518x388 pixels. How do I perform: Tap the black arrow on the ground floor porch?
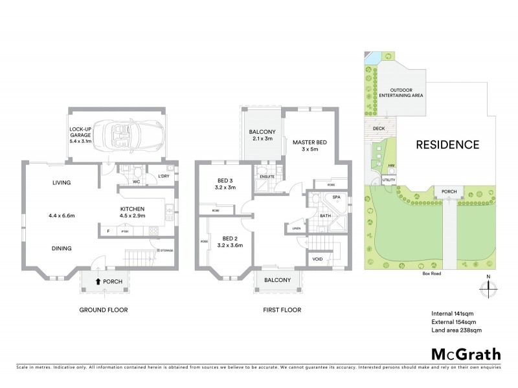[x=98, y=281]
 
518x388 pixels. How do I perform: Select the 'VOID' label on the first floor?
[x=317, y=259]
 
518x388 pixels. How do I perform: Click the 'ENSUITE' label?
[x=266, y=176]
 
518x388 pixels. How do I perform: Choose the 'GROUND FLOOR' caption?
[x=104, y=310]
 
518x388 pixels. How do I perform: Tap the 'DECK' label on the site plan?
[x=379, y=129]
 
